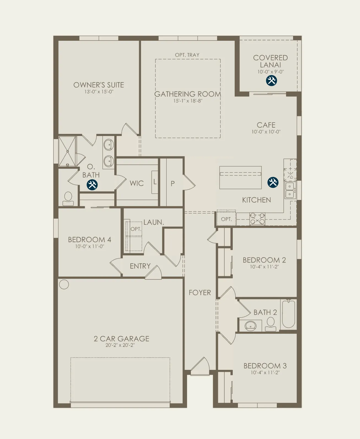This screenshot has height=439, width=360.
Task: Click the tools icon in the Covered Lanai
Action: [271, 80]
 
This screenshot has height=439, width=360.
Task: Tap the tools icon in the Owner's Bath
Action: [92, 185]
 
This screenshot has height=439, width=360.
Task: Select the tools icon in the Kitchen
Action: [273, 182]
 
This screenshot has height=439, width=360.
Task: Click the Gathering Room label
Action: [188, 94]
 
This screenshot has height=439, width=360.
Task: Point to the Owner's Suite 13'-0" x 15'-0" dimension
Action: [99, 92]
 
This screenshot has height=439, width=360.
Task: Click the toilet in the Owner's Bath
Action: [68, 199]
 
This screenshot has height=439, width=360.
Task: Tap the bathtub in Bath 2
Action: [289, 314]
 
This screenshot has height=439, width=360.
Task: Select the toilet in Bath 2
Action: [270, 324]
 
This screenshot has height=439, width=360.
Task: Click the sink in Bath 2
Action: [250, 325]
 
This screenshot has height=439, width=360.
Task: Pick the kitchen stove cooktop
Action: [257, 219]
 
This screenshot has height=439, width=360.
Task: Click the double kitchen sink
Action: [290, 190]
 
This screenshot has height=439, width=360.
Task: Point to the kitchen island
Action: [240, 178]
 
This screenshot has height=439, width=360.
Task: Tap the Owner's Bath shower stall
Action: [67, 151]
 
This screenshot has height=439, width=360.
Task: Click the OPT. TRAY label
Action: [187, 55]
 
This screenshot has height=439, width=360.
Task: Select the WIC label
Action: [137, 183]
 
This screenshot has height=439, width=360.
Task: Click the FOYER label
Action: [200, 293]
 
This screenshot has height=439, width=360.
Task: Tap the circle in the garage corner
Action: [64, 284]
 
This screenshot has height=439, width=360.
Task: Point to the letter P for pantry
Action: [173, 183]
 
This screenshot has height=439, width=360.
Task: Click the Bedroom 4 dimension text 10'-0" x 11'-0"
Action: [90, 246]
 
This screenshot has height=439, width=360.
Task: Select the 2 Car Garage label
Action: [121, 339]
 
